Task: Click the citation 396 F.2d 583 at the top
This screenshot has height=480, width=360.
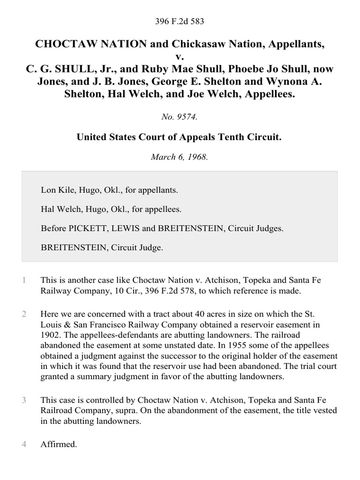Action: [180, 22]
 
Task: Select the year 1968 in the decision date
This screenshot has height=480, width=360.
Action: [198, 157]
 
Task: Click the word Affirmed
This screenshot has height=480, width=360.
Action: [58, 444]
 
